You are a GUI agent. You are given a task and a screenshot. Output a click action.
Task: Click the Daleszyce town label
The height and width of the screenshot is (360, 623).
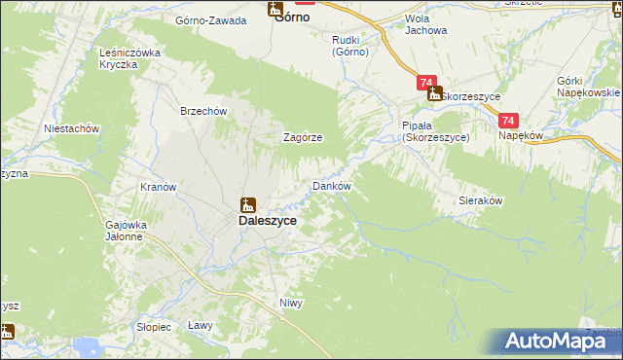point(268,221)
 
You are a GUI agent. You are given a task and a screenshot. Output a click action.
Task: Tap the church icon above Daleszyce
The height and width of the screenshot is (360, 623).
point(248,204)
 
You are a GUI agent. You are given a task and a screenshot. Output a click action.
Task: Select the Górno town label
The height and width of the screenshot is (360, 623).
point(293,17)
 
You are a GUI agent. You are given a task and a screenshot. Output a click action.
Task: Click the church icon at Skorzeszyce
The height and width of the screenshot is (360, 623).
point(434,94)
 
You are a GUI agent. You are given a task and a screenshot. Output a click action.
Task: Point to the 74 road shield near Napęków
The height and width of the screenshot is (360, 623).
point(507,121)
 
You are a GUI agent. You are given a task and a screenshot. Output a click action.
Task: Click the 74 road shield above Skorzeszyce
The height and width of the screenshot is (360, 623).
point(425,84)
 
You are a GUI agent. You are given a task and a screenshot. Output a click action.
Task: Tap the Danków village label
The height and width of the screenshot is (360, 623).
point(330,186)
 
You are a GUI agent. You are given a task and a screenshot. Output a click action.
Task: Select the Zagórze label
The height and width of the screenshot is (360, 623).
point(303,137)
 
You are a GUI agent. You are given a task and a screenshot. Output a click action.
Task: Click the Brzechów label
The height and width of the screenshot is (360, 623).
point(203,111)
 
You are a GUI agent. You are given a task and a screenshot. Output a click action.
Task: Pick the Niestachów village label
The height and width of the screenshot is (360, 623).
point(73,127)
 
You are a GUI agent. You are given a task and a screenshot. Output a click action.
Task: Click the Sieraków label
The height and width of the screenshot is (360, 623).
point(480,200)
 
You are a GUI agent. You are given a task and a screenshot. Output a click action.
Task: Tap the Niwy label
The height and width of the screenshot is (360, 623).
point(291,303)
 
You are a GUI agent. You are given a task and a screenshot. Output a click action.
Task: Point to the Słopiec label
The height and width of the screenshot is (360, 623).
point(154,326)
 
